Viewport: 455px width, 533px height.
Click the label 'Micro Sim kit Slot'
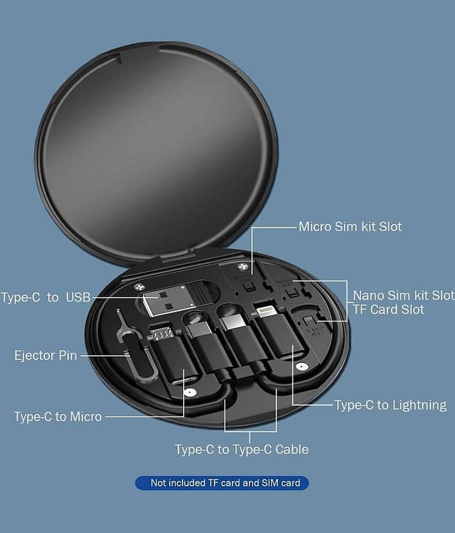tap(350, 227)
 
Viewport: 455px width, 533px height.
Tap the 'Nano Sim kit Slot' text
tap(404, 295)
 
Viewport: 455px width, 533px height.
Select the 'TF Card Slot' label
tap(388, 310)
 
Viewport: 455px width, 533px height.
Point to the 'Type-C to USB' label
tap(46, 297)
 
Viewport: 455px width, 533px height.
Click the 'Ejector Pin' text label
tap(46, 356)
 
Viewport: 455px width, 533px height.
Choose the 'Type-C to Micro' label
tap(58, 417)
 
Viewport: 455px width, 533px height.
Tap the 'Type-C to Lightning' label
tap(390, 405)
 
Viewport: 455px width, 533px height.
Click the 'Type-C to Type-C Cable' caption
tap(242, 449)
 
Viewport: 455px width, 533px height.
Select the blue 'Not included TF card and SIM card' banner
tap(222, 483)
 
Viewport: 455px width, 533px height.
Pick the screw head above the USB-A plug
tap(139, 286)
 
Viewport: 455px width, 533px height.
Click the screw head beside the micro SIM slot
tap(242, 267)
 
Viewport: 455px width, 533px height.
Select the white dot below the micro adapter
tap(189, 393)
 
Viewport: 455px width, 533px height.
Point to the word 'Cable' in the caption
tap(292, 449)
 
